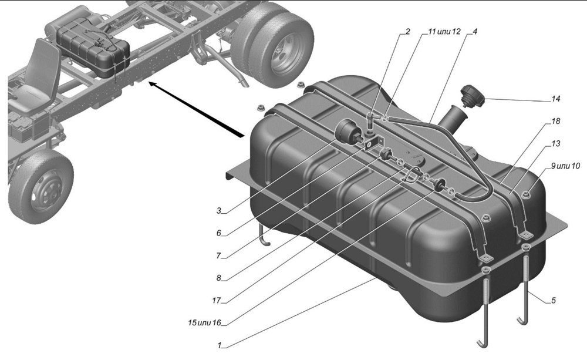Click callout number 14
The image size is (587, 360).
point(555,99)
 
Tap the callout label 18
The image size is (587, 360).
point(555,121)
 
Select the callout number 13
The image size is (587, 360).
point(555,143)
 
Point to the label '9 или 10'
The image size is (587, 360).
point(565,166)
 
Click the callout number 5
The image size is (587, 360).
point(554,301)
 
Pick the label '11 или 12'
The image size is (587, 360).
point(444,32)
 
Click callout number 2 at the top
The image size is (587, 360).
point(408,32)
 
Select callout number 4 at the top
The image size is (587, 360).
point(475,32)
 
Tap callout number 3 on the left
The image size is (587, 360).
point(219,210)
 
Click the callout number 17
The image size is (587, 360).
point(217,301)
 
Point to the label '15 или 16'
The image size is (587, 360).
point(204,322)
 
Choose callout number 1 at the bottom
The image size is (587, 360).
point(220,345)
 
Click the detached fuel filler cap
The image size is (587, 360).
point(473,96)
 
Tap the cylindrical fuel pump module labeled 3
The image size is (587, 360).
point(349,132)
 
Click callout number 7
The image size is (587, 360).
point(219,256)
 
